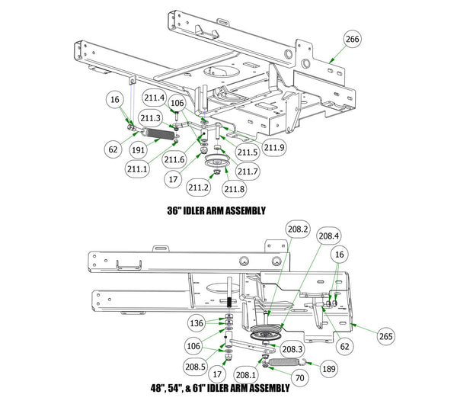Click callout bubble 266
coord(352,39)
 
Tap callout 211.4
coord(154,98)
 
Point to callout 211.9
coord(273,146)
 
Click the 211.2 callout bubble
coord(200,186)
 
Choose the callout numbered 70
coord(299,376)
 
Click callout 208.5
coord(195,367)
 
